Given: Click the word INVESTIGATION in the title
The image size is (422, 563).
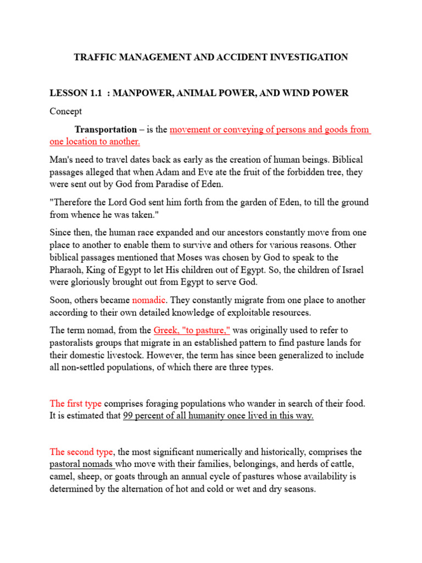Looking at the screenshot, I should tap(308, 57).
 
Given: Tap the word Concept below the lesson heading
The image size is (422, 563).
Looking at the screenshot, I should tap(65, 111).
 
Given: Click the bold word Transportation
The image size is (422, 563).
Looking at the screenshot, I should tap(105, 130).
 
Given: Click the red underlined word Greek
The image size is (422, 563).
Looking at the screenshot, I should tap(165, 330).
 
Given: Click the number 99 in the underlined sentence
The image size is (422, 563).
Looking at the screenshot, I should tap(129, 416).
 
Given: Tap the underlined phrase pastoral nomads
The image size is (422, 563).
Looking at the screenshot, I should tap(81, 464).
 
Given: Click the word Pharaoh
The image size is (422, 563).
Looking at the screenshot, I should tap(68, 271).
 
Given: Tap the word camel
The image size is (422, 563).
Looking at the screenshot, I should tap(62, 476).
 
